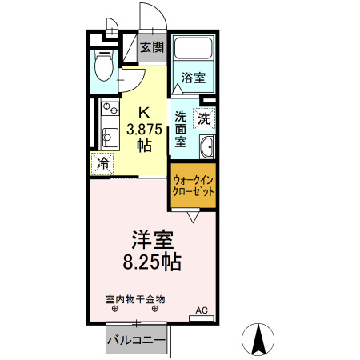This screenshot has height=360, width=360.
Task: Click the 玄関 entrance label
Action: [x=152, y=47]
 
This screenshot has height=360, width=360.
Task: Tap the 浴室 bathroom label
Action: [x=193, y=78]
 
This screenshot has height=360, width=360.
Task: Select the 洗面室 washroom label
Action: [x=182, y=127]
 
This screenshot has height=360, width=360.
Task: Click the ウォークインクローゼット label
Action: [x=193, y=186]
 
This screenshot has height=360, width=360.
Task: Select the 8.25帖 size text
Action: [x=150, y=261]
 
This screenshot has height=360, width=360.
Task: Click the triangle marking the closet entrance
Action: [x=194, y=215]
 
